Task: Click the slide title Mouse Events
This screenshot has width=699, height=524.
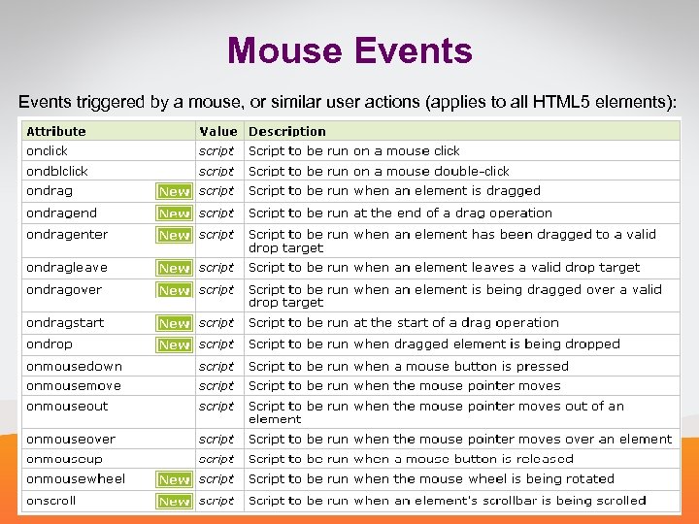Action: coord(349,50)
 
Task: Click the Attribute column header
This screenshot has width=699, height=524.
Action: coord(56,131)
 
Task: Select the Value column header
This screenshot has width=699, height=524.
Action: coord(217,131)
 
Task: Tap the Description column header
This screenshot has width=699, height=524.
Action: coord(287,131)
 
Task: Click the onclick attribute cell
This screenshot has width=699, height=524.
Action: coord(48,150)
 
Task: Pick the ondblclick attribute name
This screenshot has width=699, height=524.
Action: coord(57,171)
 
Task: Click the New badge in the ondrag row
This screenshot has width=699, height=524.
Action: coord(174,191)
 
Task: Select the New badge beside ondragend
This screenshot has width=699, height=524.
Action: coord(174,213)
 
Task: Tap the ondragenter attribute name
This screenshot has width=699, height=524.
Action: coord(67,234)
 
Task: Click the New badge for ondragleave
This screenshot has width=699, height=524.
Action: coord(174,268)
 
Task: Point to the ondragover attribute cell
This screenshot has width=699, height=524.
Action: coord(64,289)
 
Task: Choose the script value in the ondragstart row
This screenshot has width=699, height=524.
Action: coord(216,322)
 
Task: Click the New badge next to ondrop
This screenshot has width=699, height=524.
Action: coord(174,344)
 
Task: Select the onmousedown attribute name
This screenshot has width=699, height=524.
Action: coord(75,366)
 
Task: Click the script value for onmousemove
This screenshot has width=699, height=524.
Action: coord(216,385)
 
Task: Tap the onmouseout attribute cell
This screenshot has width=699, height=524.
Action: coord(67,406)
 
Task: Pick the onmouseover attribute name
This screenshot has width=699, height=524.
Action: coord(71,439)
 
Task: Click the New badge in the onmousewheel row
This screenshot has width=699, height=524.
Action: coord(174,479)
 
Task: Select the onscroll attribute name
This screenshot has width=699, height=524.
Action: coord(50,501)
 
